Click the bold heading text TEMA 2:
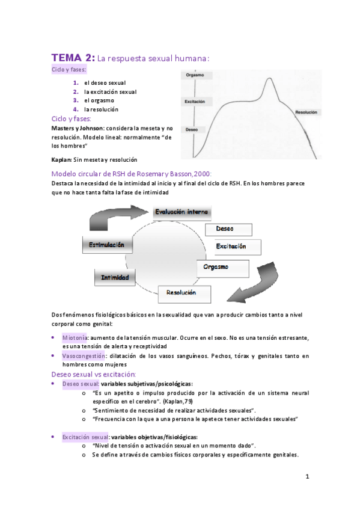[73, 58]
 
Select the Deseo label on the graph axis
[192, 129]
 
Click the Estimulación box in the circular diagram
[106, 245]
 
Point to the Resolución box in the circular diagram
[185, 293]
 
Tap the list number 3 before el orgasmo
[76, 100]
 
